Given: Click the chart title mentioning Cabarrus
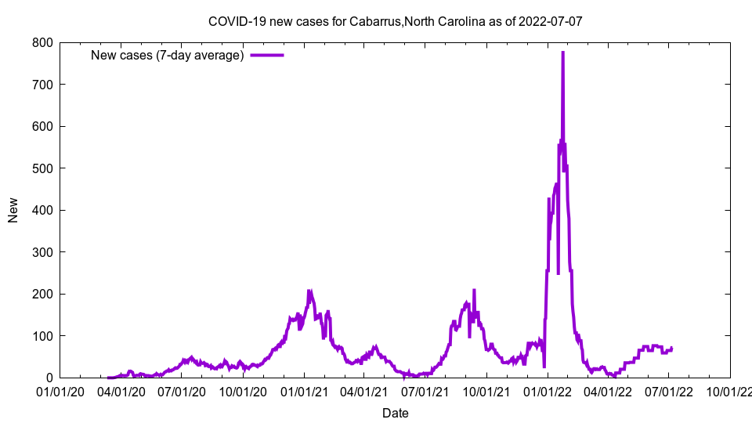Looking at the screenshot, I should click(x=395, y=21).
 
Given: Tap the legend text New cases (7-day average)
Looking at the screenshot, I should click(x=168, y=55).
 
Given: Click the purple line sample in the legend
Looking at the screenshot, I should click(x=267, y=55).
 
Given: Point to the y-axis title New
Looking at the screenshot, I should click(x=13, y=210).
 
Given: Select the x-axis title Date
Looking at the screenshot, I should click(x=395, y=413).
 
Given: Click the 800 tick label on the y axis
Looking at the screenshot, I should click(x=42, y=42).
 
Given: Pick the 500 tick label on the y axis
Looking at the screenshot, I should click(x=42, y=168).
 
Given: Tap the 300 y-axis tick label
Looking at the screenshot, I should click(x=42, y=252).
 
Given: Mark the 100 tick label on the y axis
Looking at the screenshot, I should click(x=42, y=336).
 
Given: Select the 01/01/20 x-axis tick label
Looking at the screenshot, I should click(x=60, y=392).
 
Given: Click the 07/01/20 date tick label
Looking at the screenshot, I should click(x=182, y=392).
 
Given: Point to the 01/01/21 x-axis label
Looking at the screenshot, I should click(x=304, y=392).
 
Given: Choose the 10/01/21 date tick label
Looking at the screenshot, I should click(x=486, y=392).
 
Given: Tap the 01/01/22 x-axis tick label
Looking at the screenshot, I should click(x=548, y=392).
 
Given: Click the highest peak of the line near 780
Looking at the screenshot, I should click(x=562, y=52).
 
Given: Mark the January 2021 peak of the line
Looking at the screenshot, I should click(x=309, y=291).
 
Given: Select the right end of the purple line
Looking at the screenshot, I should click(x=671, y=348).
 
